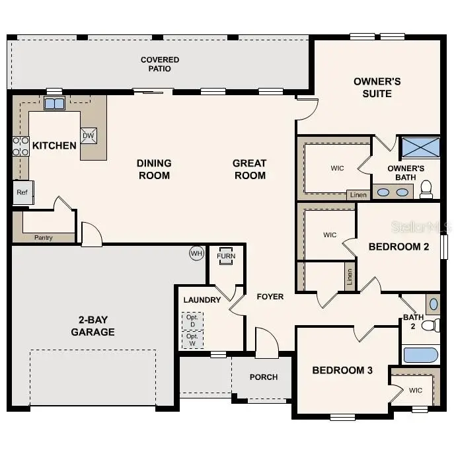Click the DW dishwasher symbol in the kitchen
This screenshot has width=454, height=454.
(x=88, y=135)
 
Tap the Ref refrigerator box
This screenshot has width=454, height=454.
(x=22, y=192)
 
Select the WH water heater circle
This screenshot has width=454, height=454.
(x=196, y=253)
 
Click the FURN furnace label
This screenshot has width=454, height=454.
(x=226, y=256)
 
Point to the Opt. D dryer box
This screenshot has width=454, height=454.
(x=192, y=321)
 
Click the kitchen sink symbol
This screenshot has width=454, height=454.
(x=54, y=104)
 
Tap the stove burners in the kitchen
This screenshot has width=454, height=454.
(x=20, y=145)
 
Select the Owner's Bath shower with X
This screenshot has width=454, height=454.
(x=421, y=147)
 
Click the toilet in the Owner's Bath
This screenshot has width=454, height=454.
(x=426, y=190)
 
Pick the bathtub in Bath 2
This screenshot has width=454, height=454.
(x=421, y=355)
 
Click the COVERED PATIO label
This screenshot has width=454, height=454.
(x=160, y=64)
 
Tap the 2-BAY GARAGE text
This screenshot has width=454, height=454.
(x=93, y=326)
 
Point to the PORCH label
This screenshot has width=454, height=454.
(x=263, y=377)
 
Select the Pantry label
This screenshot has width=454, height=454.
(x=44, y=237)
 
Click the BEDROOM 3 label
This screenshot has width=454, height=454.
(x=342, y=370)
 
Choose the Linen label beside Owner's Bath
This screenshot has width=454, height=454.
(x=359, y=195)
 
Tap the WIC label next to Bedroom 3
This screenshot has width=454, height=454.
(x=415, y=391)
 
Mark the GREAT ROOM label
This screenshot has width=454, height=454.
(x=249, y=169)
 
